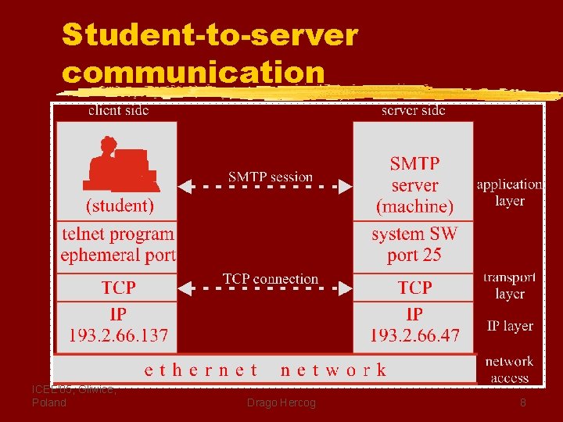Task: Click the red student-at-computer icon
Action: coord(122,165)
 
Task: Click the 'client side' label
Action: coord(118,110)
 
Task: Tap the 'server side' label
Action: coord(413,110)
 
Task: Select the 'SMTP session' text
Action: coord(271,177)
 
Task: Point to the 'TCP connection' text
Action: coord(270,279)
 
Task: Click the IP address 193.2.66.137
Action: coord(118,336)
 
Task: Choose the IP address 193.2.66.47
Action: coord(414,336)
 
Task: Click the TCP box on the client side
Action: coord(118,288)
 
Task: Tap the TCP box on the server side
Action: coord(414,288)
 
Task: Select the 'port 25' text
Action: coord(414,255)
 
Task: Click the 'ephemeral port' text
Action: coord(118,255)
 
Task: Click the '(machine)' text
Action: coord(414,206)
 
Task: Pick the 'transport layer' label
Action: coord(510,286)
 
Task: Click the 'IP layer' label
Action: coord(510,326)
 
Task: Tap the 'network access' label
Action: coord(509,370)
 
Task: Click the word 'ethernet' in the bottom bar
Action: coord(201,370)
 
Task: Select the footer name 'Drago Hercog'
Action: coord(281,402)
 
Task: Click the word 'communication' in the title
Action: coord(193,72)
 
